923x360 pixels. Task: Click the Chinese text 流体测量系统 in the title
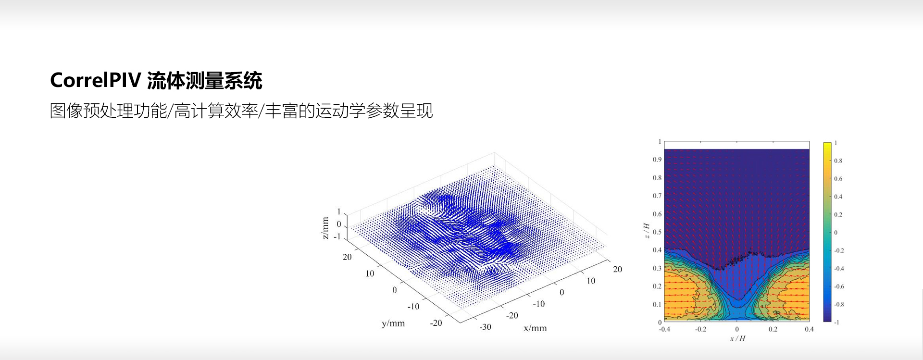click(204, 80)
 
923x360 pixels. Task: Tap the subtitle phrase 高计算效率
click(216, 111)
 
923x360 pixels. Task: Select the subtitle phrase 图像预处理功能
click(108, 111)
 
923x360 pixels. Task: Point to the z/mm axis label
click(325, 228)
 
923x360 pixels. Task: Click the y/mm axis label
click(393, 323)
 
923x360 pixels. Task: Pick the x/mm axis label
click(535, 328)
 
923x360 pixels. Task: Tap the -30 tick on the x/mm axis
click(485, 327)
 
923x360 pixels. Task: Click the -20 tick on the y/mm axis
click(436, 323)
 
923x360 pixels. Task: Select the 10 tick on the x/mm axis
click(591, 281)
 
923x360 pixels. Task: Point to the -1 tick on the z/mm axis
click(337, 237)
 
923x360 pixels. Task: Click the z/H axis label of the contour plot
click(647, 230)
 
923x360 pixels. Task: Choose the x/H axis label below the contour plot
click(737, 338)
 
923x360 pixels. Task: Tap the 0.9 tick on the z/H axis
click(657, 160)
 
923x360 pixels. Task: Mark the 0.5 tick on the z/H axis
click(657, 232)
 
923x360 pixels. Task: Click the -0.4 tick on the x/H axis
click(664, 329)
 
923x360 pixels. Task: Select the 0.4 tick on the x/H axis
click(810, 329)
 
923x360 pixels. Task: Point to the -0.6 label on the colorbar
click(839, 286)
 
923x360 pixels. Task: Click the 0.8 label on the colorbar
click(838, 161)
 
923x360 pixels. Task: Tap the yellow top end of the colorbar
click(827, 145)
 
